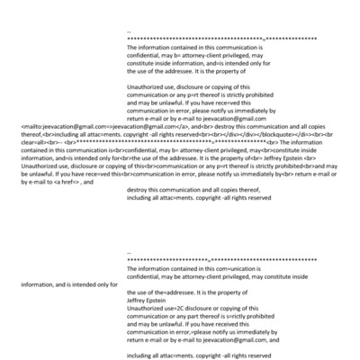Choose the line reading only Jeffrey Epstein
pos(148,299)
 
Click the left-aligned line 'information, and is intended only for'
pos(68,284)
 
